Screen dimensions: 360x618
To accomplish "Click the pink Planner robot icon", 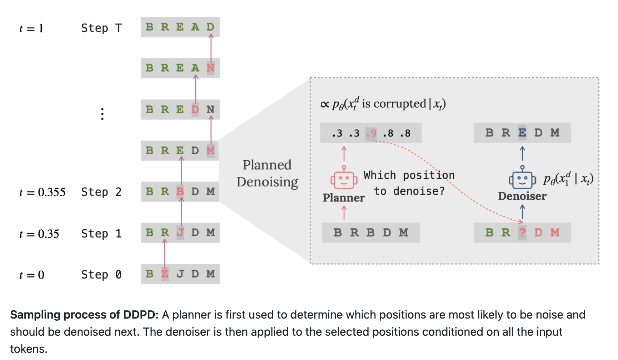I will [344, 178].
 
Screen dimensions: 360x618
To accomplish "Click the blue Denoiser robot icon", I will [522, 178].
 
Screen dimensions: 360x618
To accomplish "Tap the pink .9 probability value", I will [371, 134].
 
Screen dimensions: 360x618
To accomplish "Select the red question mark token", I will [522, 233].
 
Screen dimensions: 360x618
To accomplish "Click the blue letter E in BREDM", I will [522, 133].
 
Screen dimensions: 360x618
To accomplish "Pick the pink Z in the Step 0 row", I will [165, 274].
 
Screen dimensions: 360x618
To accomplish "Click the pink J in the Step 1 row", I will [180, 233].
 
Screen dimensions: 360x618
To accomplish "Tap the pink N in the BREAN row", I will [210, 68].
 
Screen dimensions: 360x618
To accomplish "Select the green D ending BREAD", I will [210, 27].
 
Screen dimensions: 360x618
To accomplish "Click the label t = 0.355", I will [42, 192].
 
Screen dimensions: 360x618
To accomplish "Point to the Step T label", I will [101, 28].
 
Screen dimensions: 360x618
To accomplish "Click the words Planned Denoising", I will [267, 173].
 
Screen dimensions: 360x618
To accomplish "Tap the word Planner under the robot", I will [344, 198].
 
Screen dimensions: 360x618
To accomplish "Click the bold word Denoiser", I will [522, 196].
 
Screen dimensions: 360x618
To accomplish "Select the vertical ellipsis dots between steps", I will [103, 114].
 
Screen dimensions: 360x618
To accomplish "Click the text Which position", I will [409, 175].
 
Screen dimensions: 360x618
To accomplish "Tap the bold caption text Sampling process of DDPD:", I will [84, 315].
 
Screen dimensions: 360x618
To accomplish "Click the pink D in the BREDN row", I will [195, 109].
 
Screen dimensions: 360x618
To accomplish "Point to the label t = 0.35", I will [39, 234].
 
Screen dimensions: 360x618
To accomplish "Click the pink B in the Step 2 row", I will [180, 192].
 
